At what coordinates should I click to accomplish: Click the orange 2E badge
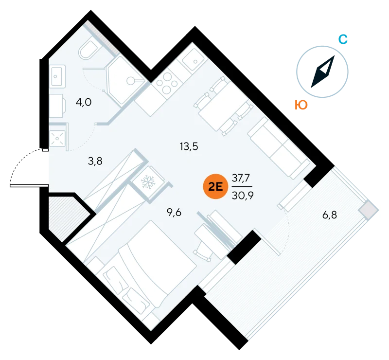[x=215, y=186]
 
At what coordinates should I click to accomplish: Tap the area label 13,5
[x=189, y=147]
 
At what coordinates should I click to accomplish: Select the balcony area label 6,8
[x=330, y=215]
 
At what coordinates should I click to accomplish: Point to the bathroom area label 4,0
[x=84, y=102]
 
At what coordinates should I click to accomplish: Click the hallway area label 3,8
[x=95, y=161]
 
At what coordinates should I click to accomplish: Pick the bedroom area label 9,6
[x=174, y=213]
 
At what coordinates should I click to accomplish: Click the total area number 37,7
[x=241, y=178]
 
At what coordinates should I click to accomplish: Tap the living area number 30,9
[x=243, y=196]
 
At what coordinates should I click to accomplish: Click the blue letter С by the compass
[x=343, y=39]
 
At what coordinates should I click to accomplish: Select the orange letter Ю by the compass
[x=301, y=105]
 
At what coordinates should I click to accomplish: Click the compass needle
[x=323, y=72]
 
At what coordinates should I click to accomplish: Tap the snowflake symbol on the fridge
[x=148, y=182]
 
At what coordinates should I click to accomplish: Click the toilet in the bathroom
[x=88, y=50]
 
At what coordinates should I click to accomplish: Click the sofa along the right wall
[x=279, y=148]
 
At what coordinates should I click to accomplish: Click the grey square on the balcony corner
[x=368, y=210]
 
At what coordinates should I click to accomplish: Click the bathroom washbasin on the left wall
[x=57, y=76]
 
